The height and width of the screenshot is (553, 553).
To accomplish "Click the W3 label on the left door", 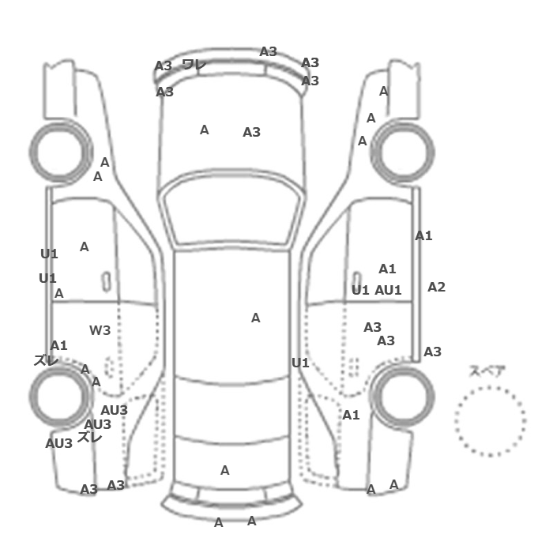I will (100, 330).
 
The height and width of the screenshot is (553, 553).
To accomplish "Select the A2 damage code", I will (436, 287).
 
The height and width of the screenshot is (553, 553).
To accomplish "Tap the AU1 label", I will (388, 290).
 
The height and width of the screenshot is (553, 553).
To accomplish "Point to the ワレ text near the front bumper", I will (194, 65).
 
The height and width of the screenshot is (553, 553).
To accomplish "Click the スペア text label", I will (487, 371).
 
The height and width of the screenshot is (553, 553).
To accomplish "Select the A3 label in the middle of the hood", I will (251, 132).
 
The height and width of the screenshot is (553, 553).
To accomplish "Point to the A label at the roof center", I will (255, 318).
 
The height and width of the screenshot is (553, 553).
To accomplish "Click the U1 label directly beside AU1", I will (360, 290).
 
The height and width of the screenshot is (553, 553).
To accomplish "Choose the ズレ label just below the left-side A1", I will (46, 360).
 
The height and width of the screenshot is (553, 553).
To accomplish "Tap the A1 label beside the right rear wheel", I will (351, 415).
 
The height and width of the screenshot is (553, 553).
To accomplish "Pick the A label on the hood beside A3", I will (204, 130).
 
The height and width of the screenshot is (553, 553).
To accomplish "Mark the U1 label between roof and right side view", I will (300, 363).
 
